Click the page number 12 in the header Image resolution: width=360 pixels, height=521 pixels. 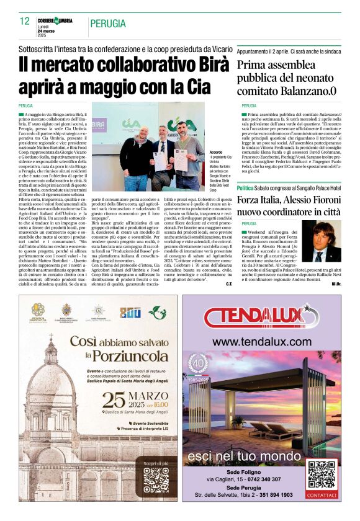(25, 21)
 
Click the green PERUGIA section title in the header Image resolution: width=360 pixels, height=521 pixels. (110, 24)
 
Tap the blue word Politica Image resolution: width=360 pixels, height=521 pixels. (245, 187)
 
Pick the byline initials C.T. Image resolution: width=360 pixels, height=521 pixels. (229, 284)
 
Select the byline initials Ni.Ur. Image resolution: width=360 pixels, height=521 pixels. (336, 284)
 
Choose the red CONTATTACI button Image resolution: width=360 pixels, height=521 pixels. (322, 496)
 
